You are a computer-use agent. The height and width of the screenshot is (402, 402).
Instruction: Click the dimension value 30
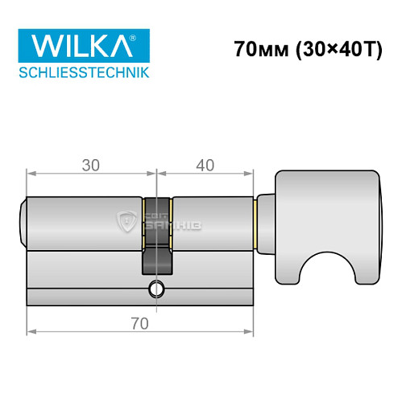coord(90,166)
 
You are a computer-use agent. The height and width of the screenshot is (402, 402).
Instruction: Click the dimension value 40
coord(205,166)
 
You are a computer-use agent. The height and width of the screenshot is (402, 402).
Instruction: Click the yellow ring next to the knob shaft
coord(255,220)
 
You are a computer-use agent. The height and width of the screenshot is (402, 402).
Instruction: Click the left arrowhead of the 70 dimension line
coord(31,330)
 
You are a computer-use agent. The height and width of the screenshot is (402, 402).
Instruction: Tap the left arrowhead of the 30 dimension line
coord(31,172)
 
